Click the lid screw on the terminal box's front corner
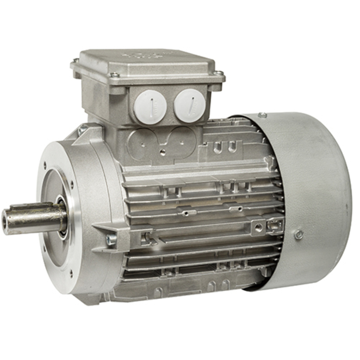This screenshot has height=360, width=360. tap(114, 75)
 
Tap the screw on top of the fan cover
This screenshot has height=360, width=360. tap(263, 115)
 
